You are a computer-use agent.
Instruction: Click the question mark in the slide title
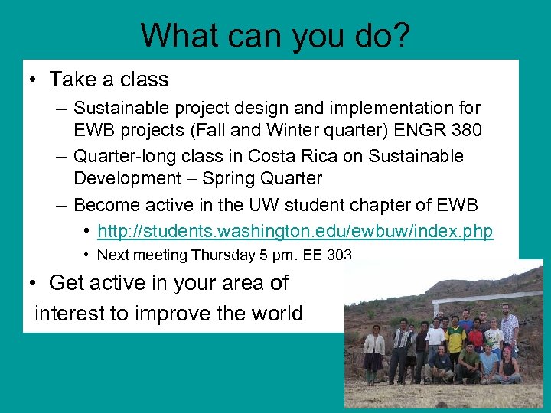click(x=400, y=36)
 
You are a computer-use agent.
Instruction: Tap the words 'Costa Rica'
click(x=278, y=156)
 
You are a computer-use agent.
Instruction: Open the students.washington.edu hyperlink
click(x=295, y=231)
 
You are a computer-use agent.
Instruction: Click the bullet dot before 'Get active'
click(x=34, y=284)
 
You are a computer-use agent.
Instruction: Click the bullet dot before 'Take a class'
click(x=34, y=80)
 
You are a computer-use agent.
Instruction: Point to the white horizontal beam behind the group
click(x=490, y=298)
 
